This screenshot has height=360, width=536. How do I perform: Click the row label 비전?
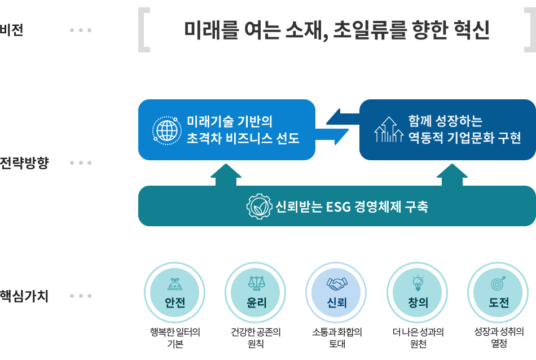[12, 30]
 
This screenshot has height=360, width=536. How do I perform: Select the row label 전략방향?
[24, 164]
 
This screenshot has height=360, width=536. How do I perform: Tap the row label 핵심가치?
[24, 296]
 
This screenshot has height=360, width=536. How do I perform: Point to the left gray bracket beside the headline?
[144, 30]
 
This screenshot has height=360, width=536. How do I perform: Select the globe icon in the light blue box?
[166, 130]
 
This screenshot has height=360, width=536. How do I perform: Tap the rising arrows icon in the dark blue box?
[389, 130]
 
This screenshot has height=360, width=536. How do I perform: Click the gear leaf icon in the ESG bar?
[259, 207]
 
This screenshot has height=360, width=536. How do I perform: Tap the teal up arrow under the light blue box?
[226, 175]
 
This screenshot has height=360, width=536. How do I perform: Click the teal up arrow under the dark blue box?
[451, 175]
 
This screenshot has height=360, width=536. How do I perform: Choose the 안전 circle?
[175, 293]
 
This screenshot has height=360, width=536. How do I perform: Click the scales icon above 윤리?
[256, 282]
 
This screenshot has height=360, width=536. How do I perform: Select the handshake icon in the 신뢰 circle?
[337, 282]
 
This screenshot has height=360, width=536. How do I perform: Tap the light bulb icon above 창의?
[418, 282]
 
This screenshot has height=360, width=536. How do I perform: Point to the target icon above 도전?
[499, 282]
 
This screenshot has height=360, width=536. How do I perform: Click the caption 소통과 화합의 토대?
[337, 337]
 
